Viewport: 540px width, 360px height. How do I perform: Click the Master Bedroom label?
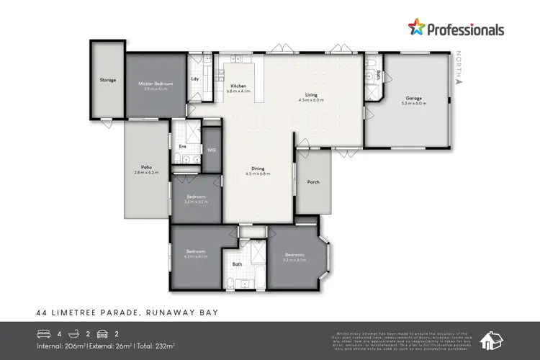[x=156, y=84]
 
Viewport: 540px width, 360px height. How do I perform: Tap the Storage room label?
[x=107, y=80]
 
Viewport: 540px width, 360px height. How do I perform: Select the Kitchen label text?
[x=238, y=86]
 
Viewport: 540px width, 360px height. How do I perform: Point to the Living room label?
[x=311, y=95]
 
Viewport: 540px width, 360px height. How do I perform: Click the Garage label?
[x=413, y=98]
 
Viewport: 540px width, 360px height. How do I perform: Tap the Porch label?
[x=313, y=181]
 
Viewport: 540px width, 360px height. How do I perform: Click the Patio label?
[x=146, y=168]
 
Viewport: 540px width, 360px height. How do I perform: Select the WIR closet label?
[x=211, y=150]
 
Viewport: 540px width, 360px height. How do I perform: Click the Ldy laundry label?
[x=195, y=79]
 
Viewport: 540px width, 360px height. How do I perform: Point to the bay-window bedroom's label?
[x=294, y=255]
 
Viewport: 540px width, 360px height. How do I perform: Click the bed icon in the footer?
[x=45, y=333]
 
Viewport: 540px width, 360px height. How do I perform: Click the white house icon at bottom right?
[x=492, y=340]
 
